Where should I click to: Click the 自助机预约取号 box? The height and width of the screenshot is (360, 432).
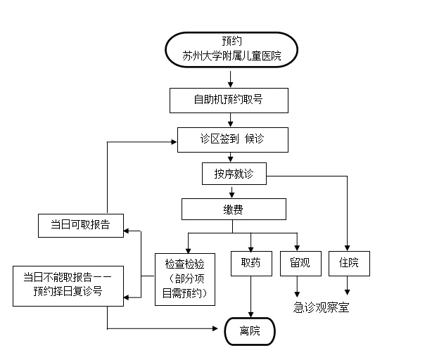tap(229, 100)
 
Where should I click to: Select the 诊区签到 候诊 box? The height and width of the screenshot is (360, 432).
tap(232, 139)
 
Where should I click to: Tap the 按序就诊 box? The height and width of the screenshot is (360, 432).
tap(234, 174)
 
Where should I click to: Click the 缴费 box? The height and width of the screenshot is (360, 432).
tap(234, 209)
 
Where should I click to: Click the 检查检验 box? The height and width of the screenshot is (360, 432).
tap(186, 278)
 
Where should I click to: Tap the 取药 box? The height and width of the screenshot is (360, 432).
tap(251, 263)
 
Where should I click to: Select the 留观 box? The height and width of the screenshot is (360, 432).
tap(300, 263)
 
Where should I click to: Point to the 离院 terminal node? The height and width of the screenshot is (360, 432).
tap(250, 331)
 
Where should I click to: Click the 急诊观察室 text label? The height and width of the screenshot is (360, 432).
tap(321, 307)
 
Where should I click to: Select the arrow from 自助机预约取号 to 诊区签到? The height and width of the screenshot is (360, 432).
tap(229, 120)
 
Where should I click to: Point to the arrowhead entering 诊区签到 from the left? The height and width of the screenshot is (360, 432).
tap(173, 141)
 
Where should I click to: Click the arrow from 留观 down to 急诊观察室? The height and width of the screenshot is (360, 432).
tap(298, 285)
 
